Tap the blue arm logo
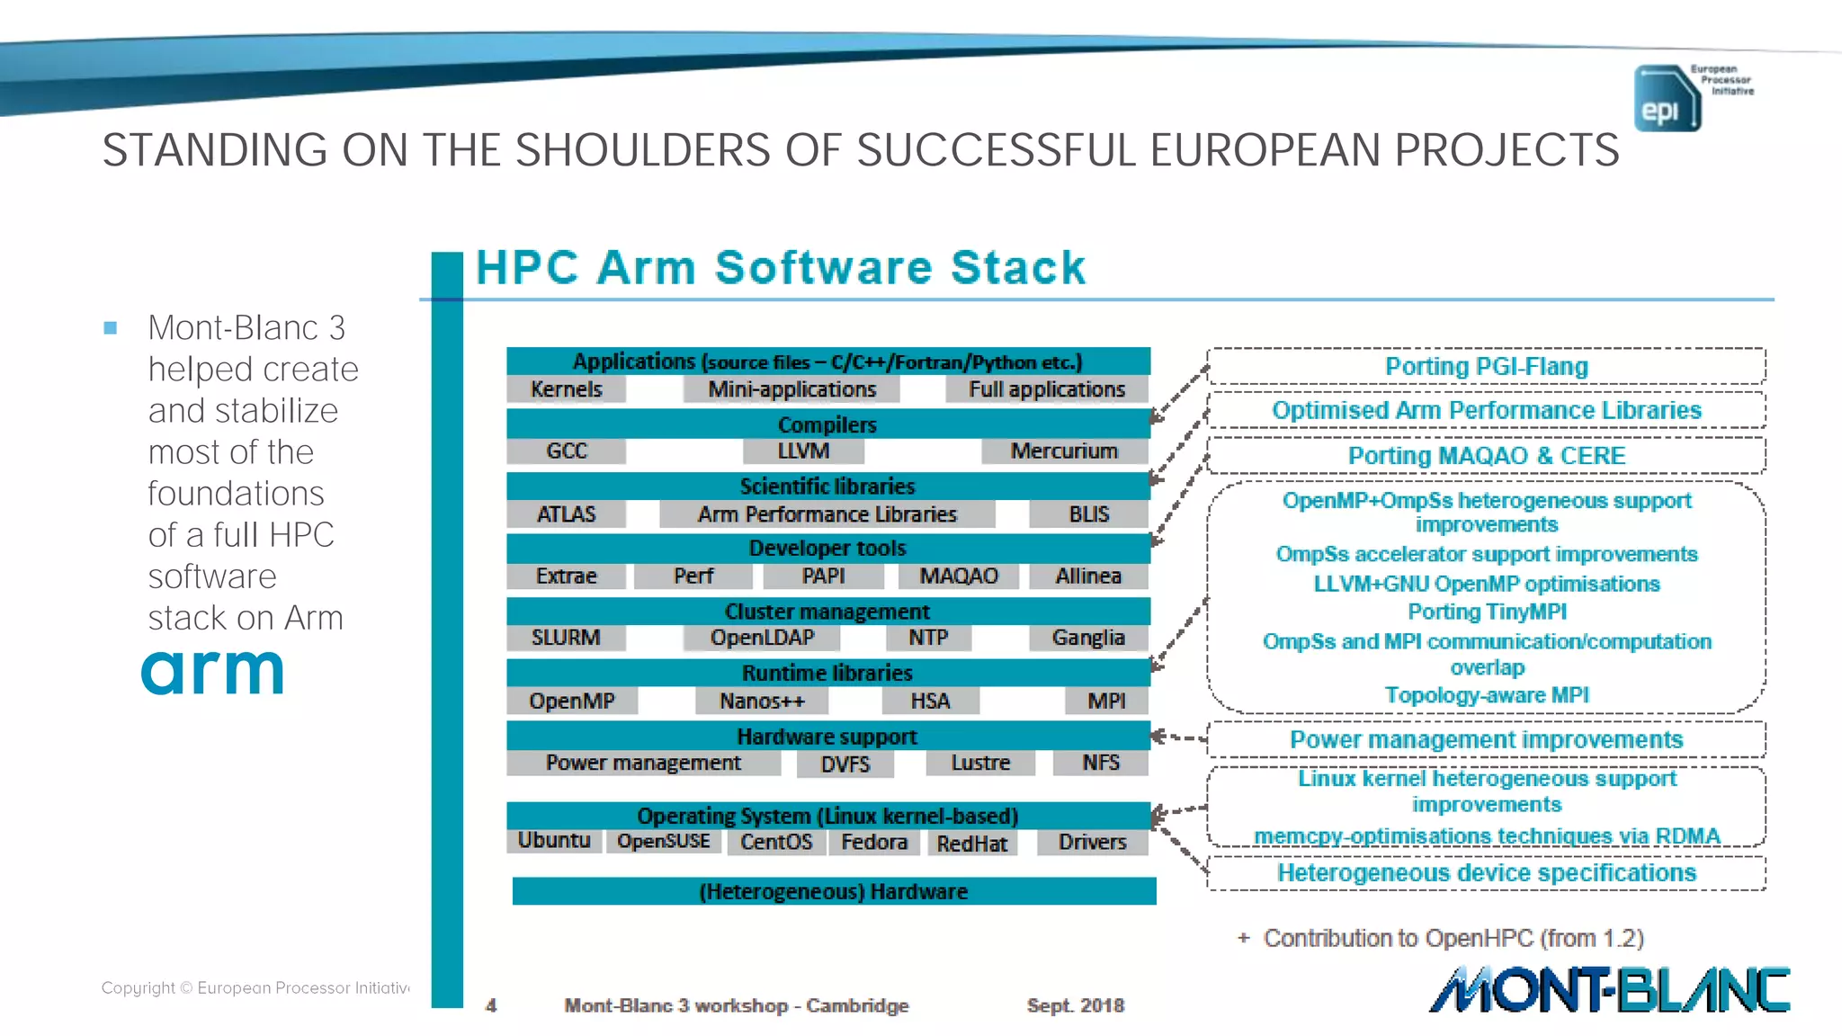pyautogui.click(x=212, y=672)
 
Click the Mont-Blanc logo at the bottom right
pyautogui.click(x=1609, y=990)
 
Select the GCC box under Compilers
pyautogui.click(x=566, y=451)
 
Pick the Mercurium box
pyautogui.click(x=1063, y=451)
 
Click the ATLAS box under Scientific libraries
pyautogui.click(x=566, y=514)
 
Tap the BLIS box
pyautogui.click(x=1088, y=514)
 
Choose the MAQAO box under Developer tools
pyautogui.click(x=958, y=576)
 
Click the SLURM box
pyautogui.click(x=565, y=638)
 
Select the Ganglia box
pyautogui.click(x=1088, y=638)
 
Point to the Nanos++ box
pyautogui.click(x=762, y=701)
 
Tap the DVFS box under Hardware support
pyautogui.click(x=845, y=764)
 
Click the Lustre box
pyautogui.click(x=980, y=763)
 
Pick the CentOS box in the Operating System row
pyautogui.click(x=775, y=842)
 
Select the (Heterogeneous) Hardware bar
pyautogui.click(x=834, y=891)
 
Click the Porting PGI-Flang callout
pyautogui.click(x=1486, y=366)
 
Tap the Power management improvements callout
pyautogui.click(x=1486, y=739)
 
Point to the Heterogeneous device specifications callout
pyautogui.click(x=1486, y=872)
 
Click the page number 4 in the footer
pyautogui.click(x=491, y=1005)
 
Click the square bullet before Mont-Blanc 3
pyautogui.click(x=111, y=328)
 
